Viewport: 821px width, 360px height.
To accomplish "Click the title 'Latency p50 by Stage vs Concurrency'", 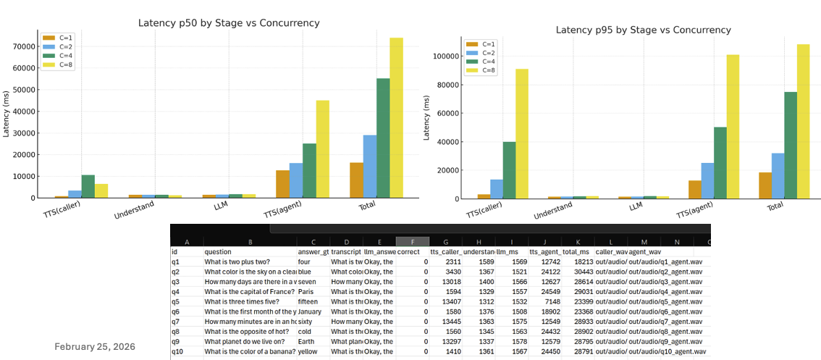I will (x=229, y=23).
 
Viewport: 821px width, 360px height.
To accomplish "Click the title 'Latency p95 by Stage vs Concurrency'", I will (x=643, y=30).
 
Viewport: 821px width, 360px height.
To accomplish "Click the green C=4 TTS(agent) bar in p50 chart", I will (x=309, y=171).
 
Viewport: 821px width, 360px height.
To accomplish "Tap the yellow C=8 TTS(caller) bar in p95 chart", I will (x=522, y=134).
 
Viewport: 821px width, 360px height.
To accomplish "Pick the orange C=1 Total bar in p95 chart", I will (x=765, y=185).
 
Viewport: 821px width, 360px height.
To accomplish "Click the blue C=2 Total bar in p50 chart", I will (x=370, y=167).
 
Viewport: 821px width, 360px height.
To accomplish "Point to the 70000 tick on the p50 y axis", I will (x=25, y=46).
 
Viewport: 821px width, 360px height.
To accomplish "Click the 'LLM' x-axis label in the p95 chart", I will (x=636, y=206).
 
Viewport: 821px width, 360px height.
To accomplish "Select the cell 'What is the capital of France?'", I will (x=249, y=292).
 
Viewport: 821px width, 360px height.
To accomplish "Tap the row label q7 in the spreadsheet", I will (x=176, y=322).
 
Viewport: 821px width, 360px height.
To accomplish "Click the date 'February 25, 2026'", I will (x=95, y=347).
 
